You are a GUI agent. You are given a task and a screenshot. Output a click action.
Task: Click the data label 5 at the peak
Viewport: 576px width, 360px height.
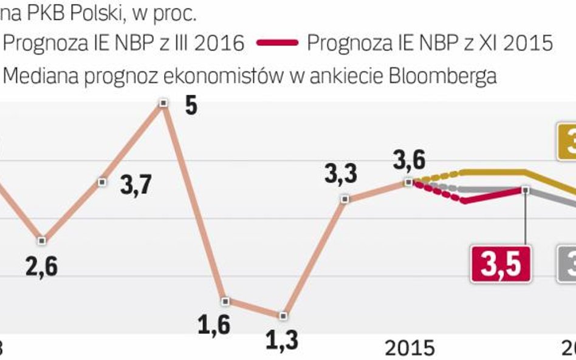point(191,106)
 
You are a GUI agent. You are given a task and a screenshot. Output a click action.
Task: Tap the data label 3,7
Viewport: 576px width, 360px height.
point(137,185)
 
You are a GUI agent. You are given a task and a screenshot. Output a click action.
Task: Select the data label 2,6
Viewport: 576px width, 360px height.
point(41,267)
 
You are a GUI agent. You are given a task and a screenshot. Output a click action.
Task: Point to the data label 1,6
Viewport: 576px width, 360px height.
point(214,325)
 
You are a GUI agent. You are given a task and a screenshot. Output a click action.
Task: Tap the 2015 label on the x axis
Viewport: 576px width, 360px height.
point(410,348)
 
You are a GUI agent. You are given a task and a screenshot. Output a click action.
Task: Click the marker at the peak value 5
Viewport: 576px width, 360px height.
point(163,103)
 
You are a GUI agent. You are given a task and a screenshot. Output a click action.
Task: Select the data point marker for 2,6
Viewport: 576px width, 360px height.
point(41,240)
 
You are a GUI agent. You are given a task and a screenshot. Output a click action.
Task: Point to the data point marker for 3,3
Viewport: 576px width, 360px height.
point(345,199)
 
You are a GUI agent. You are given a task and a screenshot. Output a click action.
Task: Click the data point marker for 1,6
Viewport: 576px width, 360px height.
point(225,301)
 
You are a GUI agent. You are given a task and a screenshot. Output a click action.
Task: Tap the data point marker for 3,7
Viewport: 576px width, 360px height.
point(102,182)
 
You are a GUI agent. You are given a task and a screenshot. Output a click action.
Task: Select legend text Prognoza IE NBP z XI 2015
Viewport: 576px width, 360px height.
point(430,43)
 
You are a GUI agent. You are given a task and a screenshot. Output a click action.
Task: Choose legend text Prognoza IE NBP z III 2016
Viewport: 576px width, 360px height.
point(125,43)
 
